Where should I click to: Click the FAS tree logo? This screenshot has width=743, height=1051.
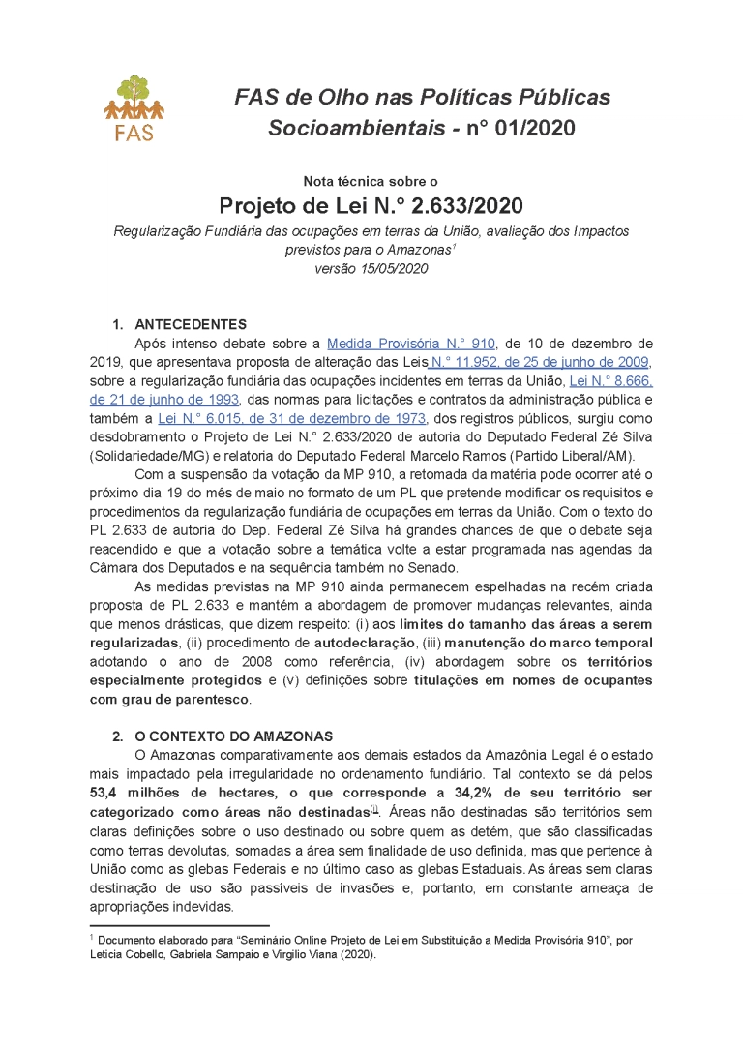tap(134, 106)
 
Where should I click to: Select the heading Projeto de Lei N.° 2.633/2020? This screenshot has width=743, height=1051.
tap(371, 205)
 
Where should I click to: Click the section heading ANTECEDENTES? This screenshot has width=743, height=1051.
tap(191, 324)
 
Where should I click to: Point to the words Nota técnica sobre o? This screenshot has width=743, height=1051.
tap(371, 181)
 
